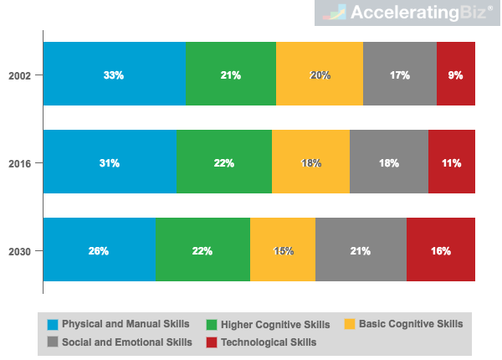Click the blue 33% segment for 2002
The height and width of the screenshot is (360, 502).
[114, 75]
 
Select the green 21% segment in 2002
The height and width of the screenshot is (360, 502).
[230, 75]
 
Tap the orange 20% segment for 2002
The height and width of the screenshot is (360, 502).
[320, 75]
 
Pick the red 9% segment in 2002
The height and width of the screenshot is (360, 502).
[456, 75]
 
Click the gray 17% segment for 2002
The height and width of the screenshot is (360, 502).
[400, 75]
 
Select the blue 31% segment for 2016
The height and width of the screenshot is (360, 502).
[110, 162]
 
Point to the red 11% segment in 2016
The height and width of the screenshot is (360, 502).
[452, 162]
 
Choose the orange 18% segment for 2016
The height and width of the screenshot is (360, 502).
[310, 162]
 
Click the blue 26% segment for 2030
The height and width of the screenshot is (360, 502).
[99, 250]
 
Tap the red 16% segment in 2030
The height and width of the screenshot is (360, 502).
[441, 250]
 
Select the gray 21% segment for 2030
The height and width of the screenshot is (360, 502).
[361, 250]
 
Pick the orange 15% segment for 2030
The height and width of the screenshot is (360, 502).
[283, 250]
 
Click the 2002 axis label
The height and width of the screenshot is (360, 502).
[20, 75]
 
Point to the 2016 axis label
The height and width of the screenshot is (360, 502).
[20, 163]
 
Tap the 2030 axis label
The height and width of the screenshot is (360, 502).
[20, 251]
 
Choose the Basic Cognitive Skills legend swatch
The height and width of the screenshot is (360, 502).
[351, 324]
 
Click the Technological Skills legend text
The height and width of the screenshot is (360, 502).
[269, 342]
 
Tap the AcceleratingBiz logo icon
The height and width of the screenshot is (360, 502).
[336, 13]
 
